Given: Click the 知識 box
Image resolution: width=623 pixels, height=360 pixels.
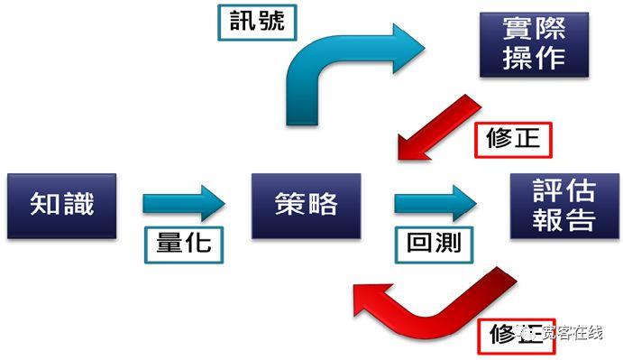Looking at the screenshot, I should point(61,205).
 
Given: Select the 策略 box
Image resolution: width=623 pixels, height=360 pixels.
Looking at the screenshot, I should point(307,205).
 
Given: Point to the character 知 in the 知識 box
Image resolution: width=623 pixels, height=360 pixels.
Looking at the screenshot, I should point(45,205).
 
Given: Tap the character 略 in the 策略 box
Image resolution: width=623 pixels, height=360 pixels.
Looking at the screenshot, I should point(323,205).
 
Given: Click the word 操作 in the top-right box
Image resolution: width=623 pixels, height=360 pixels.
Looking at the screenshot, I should point(536,58).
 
